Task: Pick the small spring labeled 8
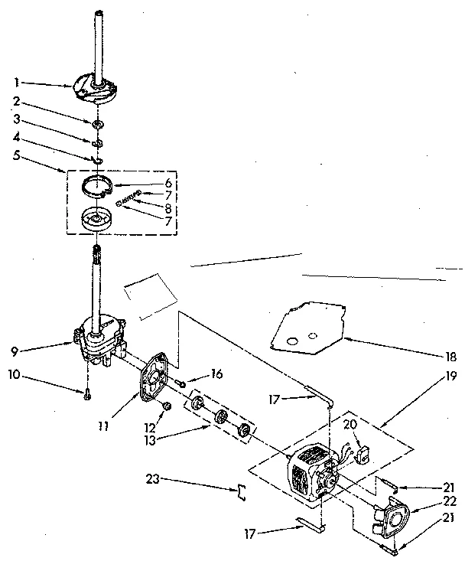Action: [131, 197]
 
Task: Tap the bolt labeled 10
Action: [88, 394]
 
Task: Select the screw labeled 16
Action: [182, 382]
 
